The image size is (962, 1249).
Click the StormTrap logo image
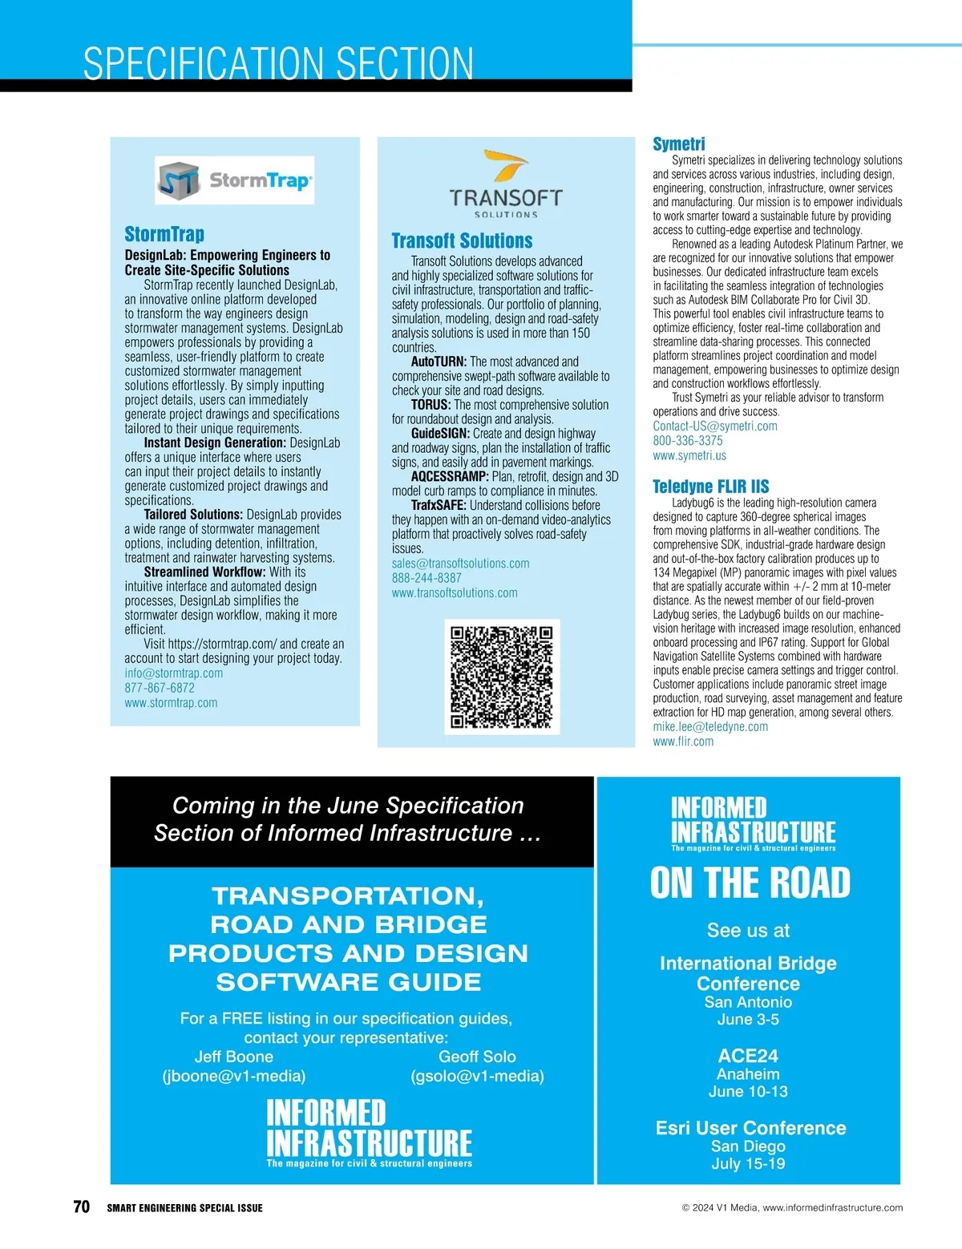tap(234, 181)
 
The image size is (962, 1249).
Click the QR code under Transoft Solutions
tap(502, 677)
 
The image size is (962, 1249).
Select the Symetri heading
tap(678, 144)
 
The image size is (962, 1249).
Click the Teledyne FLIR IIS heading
tap(710, 487)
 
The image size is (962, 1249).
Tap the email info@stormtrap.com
tap(173, 673)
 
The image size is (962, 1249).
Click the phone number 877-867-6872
tap(160, 688)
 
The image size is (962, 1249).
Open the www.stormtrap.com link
tap(171, 703)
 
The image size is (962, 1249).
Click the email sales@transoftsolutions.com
tap(460, 564)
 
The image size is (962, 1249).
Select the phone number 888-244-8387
tap(426, 578)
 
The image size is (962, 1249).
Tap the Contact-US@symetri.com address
tap(714, 426)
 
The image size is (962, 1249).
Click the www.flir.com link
tap(682, 742)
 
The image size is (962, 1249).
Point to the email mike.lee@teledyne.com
tap(709, 727)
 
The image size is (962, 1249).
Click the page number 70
tap(81, 1207)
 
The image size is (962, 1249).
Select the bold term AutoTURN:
tap(439, 362)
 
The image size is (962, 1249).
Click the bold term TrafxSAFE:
tap(439, 506)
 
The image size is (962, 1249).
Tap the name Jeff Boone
tap(233, 1057)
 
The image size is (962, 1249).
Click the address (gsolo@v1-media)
tap(477, 1076)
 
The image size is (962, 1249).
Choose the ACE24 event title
tap(748, 1056)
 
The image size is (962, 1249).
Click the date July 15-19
tap(748, 1163)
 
